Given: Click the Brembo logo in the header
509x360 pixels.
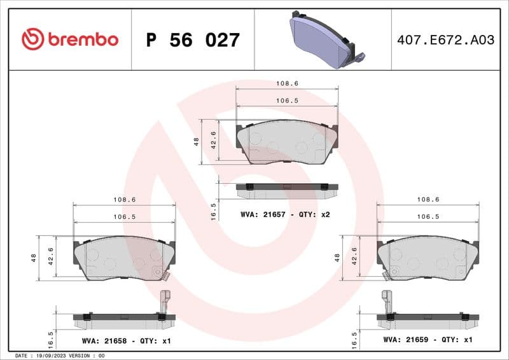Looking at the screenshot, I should pos(69,39).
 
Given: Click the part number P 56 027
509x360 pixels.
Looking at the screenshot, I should pos(193,40).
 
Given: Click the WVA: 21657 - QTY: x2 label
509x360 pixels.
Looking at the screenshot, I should pos(285,214).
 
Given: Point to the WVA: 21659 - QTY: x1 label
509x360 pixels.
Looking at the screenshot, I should pos(428,340).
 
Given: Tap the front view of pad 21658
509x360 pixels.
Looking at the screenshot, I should pos(123,259).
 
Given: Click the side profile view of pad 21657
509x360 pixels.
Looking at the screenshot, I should pos(286,187).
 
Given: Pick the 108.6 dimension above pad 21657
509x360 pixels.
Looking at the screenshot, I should pos(287,83).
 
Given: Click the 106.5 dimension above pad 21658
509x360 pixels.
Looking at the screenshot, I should pos(124,216).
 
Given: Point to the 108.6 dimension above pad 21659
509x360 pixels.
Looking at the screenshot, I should pos(428,199).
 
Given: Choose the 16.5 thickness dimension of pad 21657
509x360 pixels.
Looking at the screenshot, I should pos(214,210).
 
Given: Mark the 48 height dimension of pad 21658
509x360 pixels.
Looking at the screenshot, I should pos(34,258).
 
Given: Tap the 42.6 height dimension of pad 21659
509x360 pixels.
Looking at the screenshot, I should pos(354,258).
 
